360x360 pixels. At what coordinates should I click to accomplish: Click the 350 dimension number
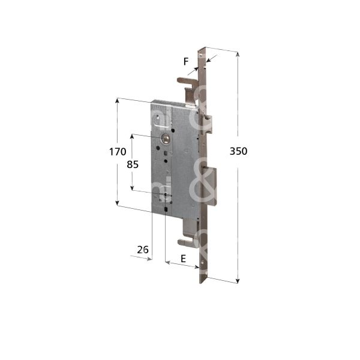click(x=238, y=151)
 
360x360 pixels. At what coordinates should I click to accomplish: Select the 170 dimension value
click(x=118, y=152)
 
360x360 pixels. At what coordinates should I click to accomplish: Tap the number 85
click(x=133, y=164)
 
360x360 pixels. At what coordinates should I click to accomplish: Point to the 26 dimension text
click(x=143, y=250)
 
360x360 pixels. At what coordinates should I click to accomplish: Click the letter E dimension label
click(x=183, y=259)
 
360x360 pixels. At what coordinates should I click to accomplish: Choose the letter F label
click(x=186, y=62)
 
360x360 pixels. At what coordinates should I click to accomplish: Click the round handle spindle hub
click(x=166, y=139)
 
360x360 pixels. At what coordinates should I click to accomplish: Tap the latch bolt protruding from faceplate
click(x=207, y=125)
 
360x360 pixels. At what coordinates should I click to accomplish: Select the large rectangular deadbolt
click(x=210, y=185)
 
